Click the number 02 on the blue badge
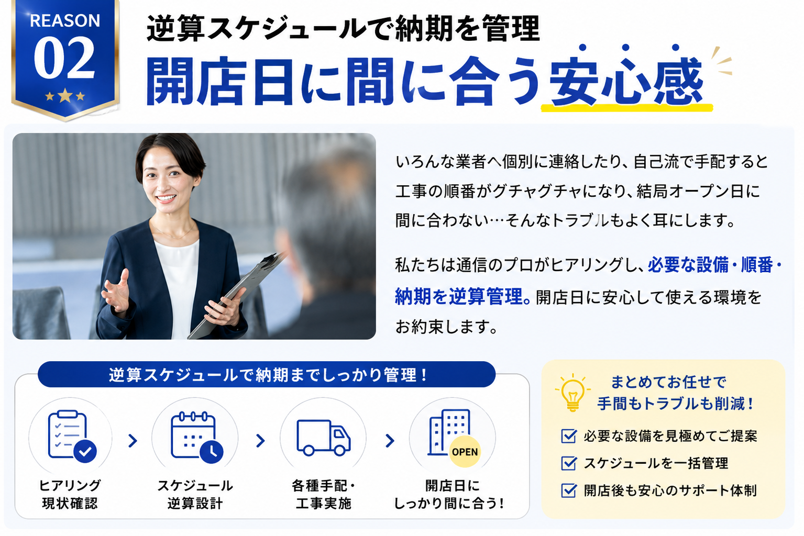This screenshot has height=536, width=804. (64, 58)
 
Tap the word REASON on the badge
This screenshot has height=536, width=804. (65, 21)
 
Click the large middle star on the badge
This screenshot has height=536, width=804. (65, 95)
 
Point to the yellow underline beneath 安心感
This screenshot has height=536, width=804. (626, 107)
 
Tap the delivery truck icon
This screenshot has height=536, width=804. (323, 438)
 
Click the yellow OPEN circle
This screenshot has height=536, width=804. (465, 452)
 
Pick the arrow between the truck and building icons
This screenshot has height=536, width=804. (390, 441)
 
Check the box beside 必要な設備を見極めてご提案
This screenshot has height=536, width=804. (569, 436)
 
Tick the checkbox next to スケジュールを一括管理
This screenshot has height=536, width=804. (569, 463)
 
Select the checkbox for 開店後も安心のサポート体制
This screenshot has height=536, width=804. (569, 490)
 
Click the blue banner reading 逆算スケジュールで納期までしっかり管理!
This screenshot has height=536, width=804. (267, 375)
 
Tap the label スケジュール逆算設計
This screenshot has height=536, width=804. (195, 494)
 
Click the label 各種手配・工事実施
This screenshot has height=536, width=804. (323, 494)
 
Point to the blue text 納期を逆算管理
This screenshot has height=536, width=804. (462, 297)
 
